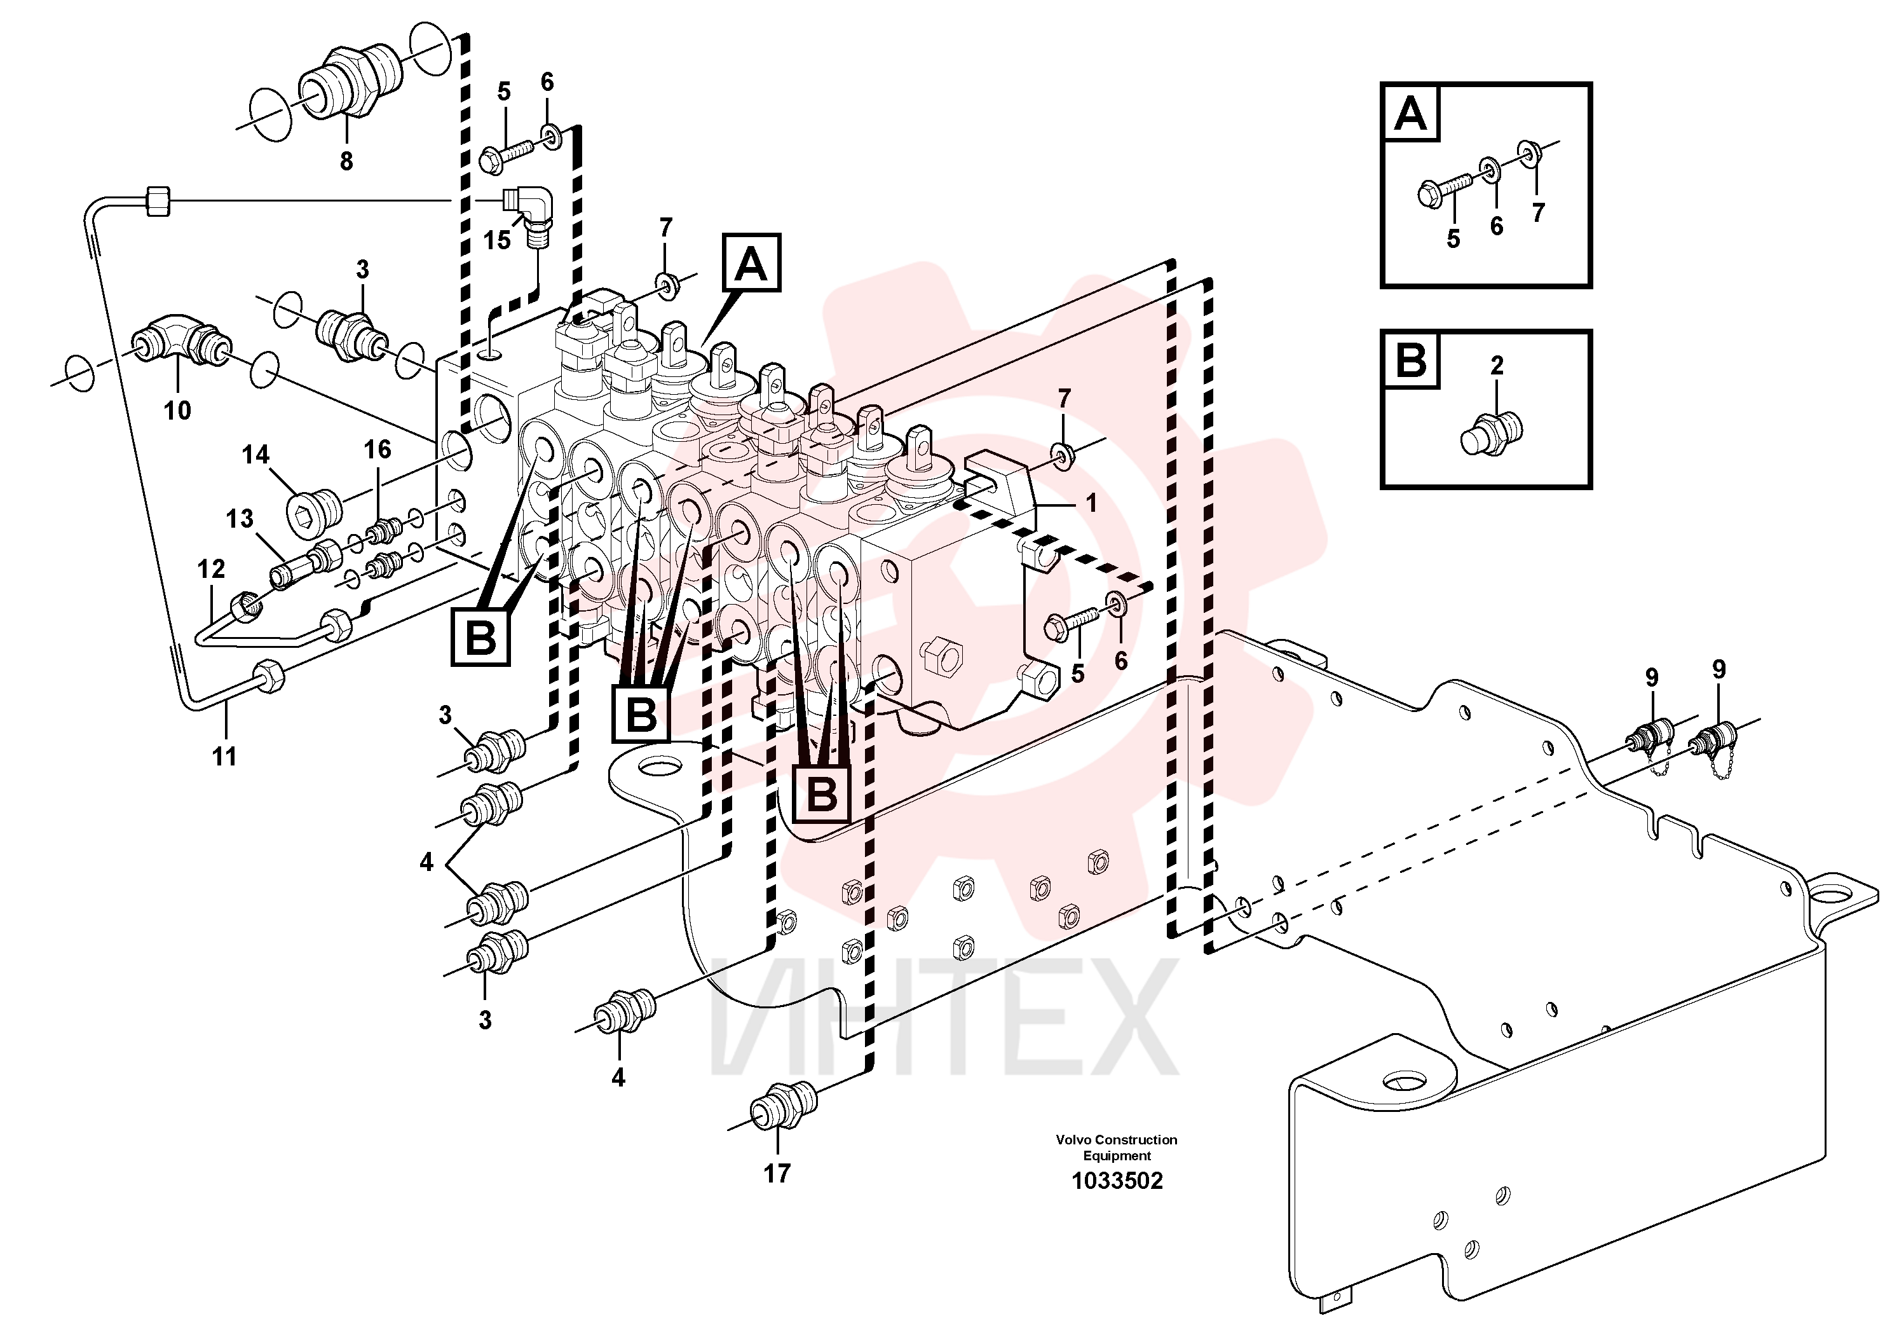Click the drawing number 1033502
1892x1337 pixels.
click(1117, 1181)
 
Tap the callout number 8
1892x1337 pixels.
click(346, 161)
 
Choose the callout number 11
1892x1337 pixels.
click(224, 756)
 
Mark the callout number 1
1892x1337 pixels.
click(1091, 502)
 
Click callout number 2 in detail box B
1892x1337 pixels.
click(1497, 365)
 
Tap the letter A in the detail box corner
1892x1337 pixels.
click(1411, 113)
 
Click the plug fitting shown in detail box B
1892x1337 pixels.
click(1491, 431)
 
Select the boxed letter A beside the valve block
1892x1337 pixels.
click(751, 264)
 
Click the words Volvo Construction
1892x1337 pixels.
click(1117, 1140)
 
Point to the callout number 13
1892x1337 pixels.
click(239, 519)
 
